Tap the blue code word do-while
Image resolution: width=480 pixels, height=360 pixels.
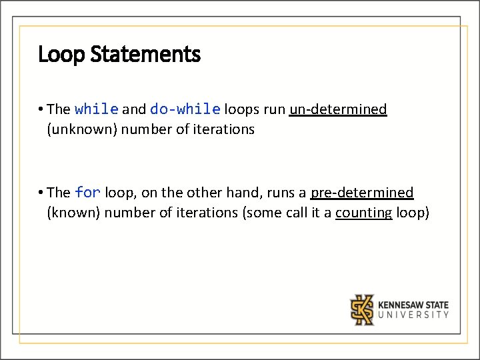185,109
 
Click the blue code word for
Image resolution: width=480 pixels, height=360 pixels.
87,193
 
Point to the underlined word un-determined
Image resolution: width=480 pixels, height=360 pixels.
338,109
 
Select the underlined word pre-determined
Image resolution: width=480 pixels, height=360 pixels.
362,193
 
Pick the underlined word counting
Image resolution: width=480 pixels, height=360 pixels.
363,213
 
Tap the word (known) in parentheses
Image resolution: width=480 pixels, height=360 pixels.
73,213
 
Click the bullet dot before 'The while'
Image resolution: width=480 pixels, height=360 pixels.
41,109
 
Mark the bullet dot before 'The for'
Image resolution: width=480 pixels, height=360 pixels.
41,193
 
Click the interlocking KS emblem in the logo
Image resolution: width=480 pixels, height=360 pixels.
363,309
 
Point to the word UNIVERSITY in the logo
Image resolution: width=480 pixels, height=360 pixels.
413,315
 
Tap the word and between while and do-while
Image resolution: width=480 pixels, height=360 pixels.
134,109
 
